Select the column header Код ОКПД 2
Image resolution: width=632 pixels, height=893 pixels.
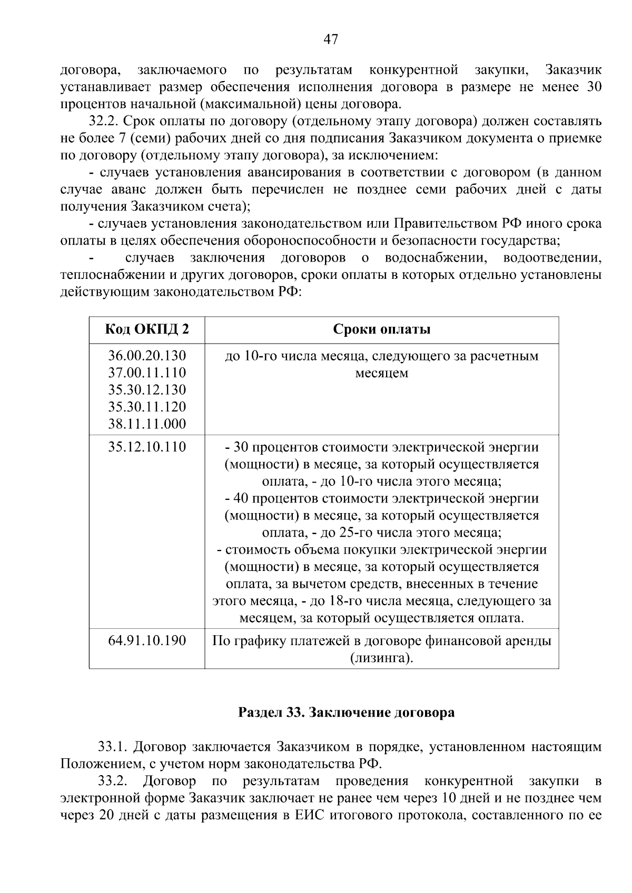147,329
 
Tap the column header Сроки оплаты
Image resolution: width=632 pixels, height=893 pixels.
382,329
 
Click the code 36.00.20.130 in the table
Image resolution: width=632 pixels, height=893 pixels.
147,356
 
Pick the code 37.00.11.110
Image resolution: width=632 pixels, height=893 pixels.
147,373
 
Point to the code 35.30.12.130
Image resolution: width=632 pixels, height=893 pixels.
147,390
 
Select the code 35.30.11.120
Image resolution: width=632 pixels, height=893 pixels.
147,407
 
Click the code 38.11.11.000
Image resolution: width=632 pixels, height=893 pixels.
147,424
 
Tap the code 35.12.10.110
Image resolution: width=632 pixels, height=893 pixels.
147,447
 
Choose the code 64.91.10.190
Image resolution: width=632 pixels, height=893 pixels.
147,640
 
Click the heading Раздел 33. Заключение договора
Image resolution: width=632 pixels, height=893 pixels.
346,713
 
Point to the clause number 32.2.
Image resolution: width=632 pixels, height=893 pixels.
105,121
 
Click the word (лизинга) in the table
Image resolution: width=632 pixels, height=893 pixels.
382,658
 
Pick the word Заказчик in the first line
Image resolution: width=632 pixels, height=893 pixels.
573,70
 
